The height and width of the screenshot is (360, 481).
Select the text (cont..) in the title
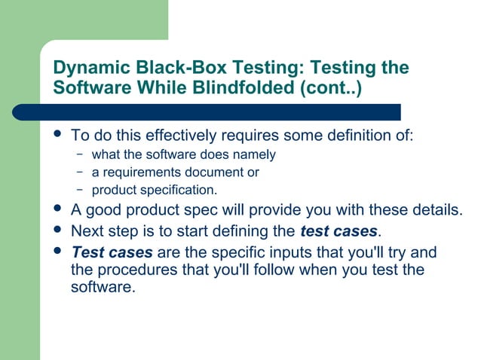tap(330, 87)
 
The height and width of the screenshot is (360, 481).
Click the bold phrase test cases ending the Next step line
tap(338, 230)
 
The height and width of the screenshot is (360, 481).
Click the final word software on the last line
tap(101, 287)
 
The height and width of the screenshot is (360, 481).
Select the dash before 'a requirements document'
tap(80, 172)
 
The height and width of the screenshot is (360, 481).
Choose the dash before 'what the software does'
tap(80, 155)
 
